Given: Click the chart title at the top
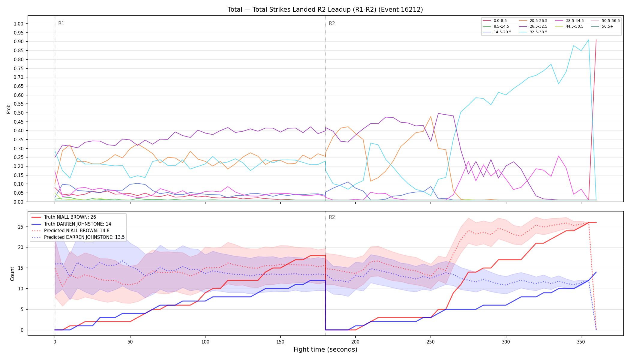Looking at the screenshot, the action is click(325, 10).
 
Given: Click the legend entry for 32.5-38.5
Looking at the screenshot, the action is click(532, 32).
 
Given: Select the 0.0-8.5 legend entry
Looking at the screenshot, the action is click(495, 21).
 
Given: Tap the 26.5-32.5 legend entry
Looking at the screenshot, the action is click(532, 26).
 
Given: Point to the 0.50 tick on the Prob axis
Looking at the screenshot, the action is click(18, 113).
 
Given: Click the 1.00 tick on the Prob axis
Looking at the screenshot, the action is click(18, 24).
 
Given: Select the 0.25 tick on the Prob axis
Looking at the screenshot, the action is click(18, 157).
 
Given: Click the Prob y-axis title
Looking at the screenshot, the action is click(9, 109).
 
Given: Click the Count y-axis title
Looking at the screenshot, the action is click(12, 274).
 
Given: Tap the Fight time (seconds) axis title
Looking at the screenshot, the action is click(325, 349).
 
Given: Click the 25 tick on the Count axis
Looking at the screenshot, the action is click(20, 227).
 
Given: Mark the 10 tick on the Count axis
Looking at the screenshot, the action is click(20, 289).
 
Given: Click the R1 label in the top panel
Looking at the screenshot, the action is click(61, 23).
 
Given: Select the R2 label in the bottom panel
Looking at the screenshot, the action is click(332, 217).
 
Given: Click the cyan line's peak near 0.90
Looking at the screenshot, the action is click(588, 40).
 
